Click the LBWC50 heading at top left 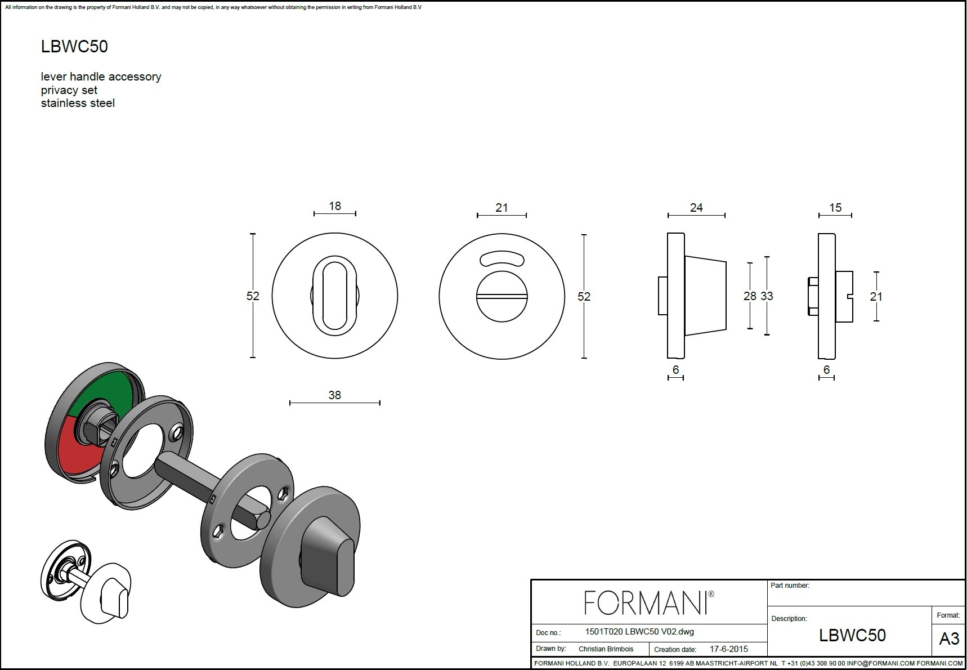pos(74,47)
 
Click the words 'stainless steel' pos(78,103)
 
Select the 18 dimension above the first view pos(335,206)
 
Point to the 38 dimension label pos(334,395)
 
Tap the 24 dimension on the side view pos(696,208)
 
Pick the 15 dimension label pos(835,208)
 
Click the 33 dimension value pos(767,296)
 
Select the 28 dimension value pos(750,296)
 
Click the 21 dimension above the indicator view pos(502,208)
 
